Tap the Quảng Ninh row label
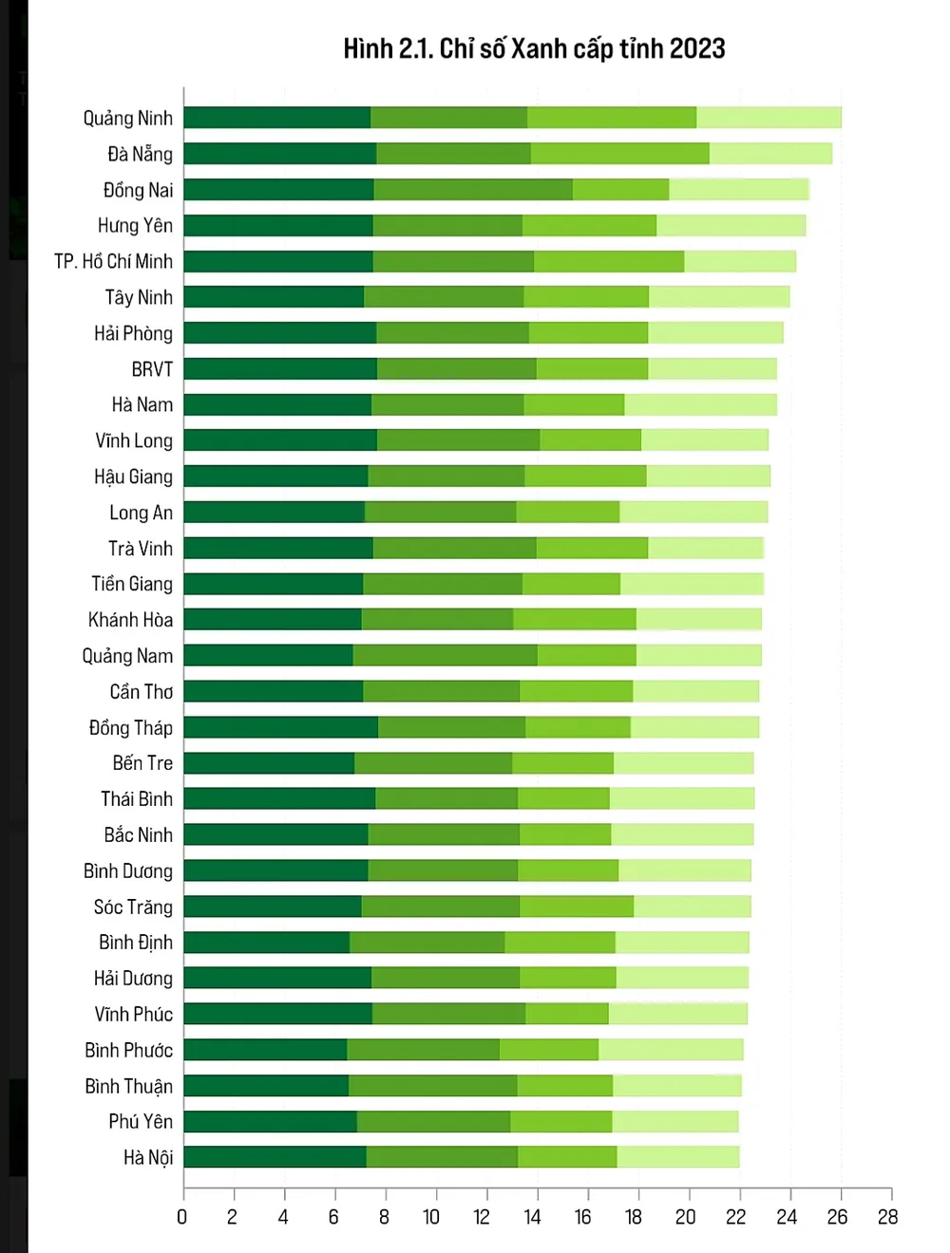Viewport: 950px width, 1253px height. coord(128,118)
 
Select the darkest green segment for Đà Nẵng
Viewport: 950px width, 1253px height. coord(280,154)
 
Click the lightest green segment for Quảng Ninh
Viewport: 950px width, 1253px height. coord(769,118)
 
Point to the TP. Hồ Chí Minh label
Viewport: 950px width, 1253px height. coord(113,261)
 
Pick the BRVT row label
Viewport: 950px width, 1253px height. coord(152,368)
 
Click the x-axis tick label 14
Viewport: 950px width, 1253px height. coord(532,1217)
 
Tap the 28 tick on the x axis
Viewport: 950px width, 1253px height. coord(887,1217)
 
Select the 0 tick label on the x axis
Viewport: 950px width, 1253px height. coord(182,1217)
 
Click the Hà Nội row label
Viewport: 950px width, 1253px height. coord(148,1157)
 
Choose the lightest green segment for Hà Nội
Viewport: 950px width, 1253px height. coord(678,1157)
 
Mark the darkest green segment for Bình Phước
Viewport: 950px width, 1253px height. coord(265,1050)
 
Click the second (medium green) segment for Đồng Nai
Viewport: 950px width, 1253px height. coord(473,190)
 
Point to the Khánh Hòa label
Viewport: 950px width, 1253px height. coord(131,620)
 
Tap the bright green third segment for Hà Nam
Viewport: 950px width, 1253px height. coord(574,404)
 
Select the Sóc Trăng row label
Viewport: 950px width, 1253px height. coord(133,907)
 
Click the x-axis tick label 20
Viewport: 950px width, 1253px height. coord(685,1217)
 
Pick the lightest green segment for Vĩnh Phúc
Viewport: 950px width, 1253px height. coord(678,1014)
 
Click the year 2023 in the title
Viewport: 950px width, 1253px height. coord(697,48)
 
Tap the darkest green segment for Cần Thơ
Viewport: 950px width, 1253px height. coord(274,691)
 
